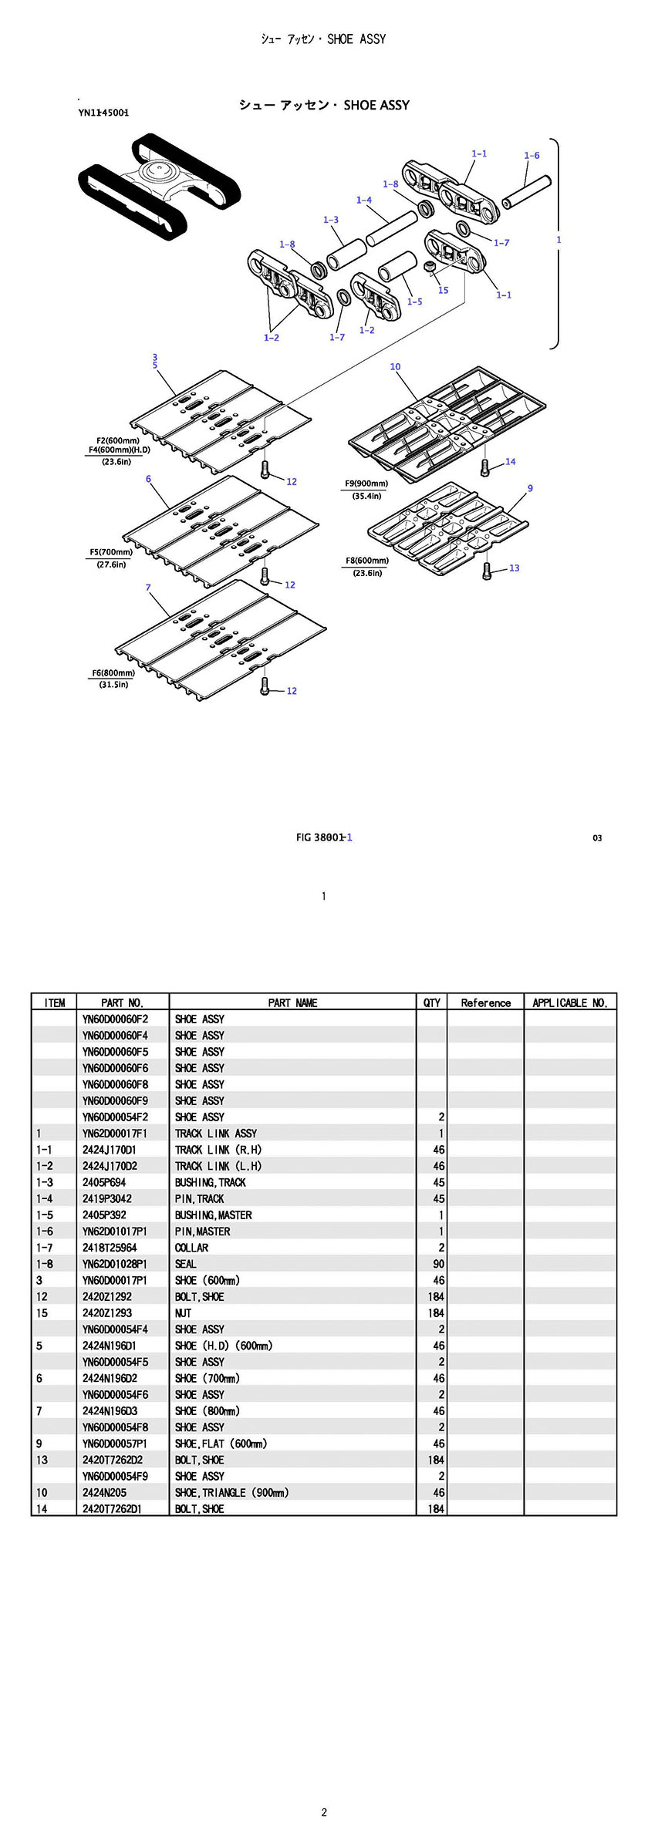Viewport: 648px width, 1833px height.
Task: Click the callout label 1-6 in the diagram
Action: tap(532, 156)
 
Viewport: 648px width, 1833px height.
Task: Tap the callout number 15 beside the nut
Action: tap(443, 291)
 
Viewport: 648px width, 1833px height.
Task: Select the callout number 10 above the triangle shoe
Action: tap(395, 367)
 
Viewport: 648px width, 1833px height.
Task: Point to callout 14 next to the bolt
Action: tap(510, 462)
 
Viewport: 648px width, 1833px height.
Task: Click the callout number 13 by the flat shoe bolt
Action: tap(514, 568)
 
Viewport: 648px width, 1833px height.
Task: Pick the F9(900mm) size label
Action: tap(366, 484)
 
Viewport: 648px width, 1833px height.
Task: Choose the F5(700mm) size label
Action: tap(111, 552)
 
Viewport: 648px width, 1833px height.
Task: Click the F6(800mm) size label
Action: tap(113, 673)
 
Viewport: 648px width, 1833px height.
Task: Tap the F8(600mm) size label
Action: tap(367, 561)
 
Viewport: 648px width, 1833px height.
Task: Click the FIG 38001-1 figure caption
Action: tap(324, 837)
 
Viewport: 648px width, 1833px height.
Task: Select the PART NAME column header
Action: tap(292, 1002)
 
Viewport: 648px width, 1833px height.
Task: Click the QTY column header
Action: tap(431, 1002)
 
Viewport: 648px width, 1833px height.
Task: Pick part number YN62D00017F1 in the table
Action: tap(114, 1134)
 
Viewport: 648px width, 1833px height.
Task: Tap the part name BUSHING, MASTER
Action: tap(213, 1215)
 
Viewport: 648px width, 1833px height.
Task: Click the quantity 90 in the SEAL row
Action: tap(438, 1264)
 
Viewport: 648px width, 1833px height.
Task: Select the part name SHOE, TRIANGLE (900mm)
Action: tap(231, 1493)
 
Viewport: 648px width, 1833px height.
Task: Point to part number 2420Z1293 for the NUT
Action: tap(107, 1313)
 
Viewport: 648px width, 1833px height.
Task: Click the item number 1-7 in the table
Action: tap(45, 1248)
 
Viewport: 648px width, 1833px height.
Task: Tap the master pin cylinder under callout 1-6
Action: tap(525, 192)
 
